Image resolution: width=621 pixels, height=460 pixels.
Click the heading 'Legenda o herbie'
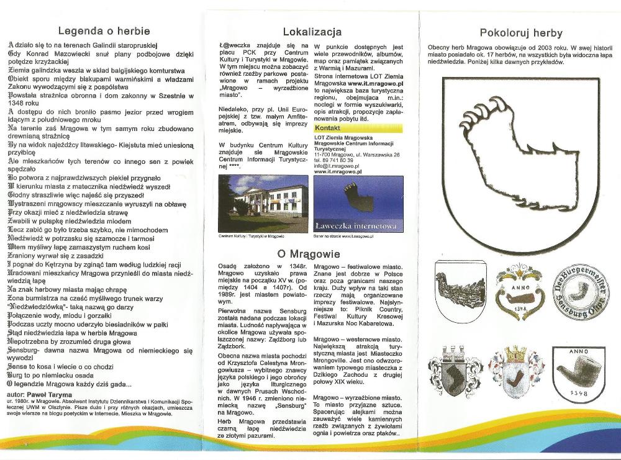[104, 30]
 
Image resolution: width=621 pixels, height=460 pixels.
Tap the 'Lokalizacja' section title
[312, 31]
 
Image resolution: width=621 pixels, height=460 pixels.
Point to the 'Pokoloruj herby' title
[521, 33]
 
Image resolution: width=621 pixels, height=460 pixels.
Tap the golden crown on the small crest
[515, 354]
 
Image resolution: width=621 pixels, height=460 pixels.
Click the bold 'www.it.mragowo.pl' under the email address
[338, 172]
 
